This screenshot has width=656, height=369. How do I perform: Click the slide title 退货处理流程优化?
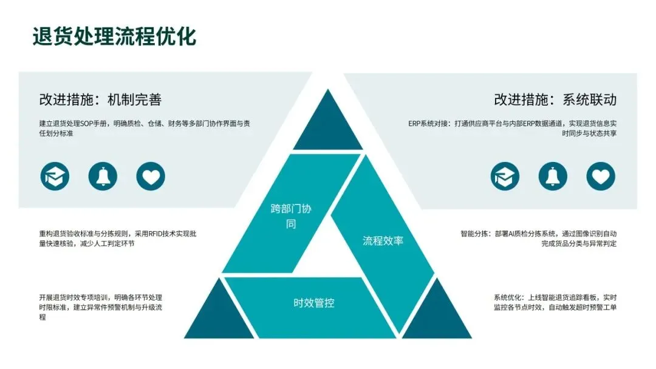[x=114, y=36]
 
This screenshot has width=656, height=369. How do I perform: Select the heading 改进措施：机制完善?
[x=100, y=100]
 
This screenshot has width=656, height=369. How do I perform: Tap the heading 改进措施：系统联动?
[x=555, y=100]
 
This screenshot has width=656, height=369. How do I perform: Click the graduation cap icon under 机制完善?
[x=55, y=176]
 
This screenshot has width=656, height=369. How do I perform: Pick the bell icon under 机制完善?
[x=103, y=176]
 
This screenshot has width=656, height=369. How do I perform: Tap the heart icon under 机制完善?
[x=151, y=176]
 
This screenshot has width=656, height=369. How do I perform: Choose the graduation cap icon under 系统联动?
[x=505, y=176]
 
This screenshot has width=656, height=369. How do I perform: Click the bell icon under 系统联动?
[x=553, y=176]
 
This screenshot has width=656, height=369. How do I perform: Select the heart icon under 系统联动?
[x=601, y=176]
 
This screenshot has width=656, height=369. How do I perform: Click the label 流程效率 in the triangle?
[x=383, y=241]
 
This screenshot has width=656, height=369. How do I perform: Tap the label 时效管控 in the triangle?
[x=314, y=303]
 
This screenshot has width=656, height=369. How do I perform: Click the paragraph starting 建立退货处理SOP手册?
[x=145, y=128]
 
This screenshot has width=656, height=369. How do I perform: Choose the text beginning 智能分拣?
[x=538, y=238]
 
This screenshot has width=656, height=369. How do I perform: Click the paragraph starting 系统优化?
[x=555, y=302]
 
